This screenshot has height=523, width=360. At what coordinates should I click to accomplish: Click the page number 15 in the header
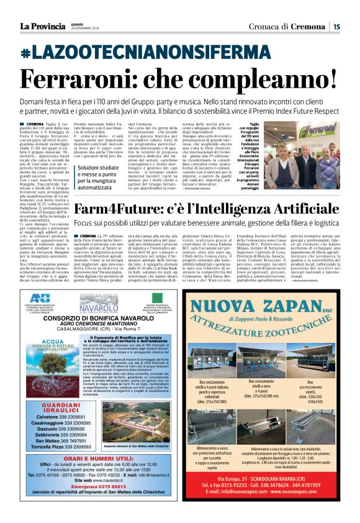point(336,27)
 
